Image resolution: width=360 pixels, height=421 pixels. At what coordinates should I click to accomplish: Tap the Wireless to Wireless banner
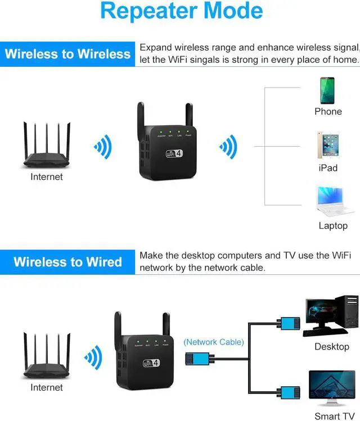(x=67, y=54)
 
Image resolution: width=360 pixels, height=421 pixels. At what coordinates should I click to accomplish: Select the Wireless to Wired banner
(x=67, y=262)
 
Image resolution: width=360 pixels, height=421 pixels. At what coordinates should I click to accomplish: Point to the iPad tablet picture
(x=328, y=146)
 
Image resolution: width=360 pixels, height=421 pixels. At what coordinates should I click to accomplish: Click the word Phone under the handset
(x=328, y=111)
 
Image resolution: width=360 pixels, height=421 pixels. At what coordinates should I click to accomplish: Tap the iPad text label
(x=328, y=168)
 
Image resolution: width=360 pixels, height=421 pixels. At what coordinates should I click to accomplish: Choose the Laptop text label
(x=333, y=225)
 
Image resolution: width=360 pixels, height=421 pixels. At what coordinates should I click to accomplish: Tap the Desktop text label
(x=332, y=346)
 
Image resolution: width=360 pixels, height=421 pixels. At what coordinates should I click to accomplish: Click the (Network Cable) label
(x=214, y=341)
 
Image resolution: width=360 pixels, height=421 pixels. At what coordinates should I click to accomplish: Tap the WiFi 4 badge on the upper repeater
(x=174, y=152)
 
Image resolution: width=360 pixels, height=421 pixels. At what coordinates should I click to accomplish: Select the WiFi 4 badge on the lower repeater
(x=152, y=362)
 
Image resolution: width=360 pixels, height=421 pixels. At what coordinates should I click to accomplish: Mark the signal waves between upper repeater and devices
(x=228, y=148)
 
